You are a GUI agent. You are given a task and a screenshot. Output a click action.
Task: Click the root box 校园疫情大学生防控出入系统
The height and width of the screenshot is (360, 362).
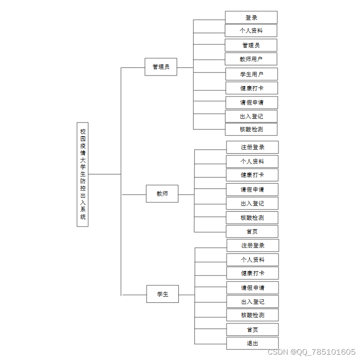click(x=83, y=174)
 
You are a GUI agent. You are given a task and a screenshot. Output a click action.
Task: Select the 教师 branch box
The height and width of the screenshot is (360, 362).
click(x=162, y=194)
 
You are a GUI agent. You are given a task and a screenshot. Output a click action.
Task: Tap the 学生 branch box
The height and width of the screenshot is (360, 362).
click(x=162, y=294)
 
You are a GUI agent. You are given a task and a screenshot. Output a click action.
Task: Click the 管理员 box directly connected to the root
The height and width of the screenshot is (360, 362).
click(x=161, y=67)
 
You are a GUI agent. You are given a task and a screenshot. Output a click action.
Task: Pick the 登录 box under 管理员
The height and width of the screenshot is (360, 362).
click(x=251, y=17)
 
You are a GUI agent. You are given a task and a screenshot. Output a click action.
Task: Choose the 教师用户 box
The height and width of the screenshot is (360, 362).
click(x=251, y=59)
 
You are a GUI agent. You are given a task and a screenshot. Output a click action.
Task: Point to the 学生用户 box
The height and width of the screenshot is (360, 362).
click(x=252, y=74)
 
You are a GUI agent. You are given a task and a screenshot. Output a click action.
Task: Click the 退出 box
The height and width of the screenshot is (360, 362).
click(x=253, y=343)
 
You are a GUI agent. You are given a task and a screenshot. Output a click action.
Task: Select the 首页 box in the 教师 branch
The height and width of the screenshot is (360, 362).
click(x=252, y=231)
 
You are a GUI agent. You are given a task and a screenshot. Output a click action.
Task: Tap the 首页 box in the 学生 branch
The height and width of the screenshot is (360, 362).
click(x=253, y=330)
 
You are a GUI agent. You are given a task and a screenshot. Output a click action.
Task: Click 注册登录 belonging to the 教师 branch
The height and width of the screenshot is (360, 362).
click(x=253, y=147)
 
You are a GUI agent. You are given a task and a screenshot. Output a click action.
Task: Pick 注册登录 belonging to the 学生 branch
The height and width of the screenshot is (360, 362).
click(x=253, y=245)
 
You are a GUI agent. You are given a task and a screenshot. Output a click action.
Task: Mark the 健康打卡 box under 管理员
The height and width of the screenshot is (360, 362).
click(x=252, y=88)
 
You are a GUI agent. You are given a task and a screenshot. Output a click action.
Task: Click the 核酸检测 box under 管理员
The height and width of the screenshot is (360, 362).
click(x=251, y=129)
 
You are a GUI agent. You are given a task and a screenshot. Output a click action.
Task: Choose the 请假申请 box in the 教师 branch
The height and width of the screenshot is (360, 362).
click(x=252, y=189)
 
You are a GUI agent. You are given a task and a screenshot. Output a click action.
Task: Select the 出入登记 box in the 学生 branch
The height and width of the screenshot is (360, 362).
click(x=253, y=301)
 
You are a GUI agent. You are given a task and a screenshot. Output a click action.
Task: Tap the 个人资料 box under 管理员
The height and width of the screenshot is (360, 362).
click(x=251, y=30)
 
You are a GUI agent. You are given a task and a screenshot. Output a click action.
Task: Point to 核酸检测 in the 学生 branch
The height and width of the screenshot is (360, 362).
click(x=253, y=315)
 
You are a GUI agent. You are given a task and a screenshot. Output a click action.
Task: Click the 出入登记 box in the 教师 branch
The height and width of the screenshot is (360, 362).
click(x=252, y=203)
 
